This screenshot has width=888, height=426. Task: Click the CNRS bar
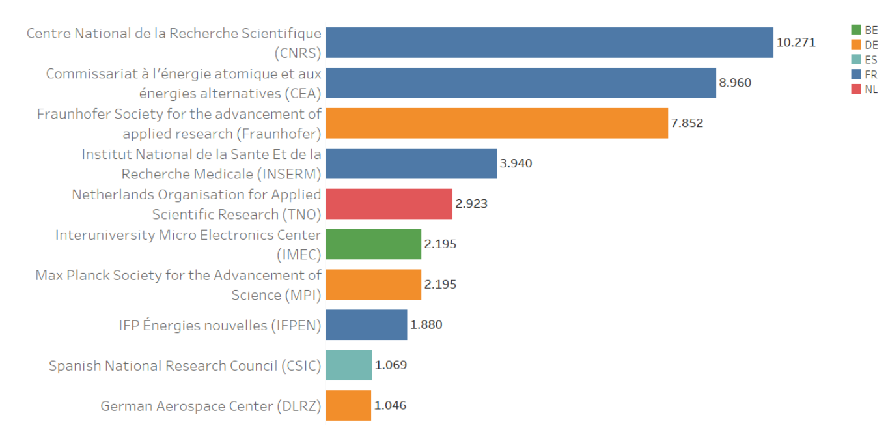(x=549, y=43)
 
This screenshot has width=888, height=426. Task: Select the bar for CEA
(x=520, y=83)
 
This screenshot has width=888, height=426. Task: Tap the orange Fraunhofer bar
(x=496, y=124)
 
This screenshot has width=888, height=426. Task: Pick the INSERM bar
(x=411, y=163)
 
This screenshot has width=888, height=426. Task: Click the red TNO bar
(x=389, y=204)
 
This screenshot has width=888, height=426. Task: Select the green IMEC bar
(x=373, y=244)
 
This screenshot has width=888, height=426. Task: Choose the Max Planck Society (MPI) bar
(x=373, y=285)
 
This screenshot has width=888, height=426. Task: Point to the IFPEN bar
(x=366, y=325)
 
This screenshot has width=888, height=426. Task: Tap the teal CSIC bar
(x=348, y=365)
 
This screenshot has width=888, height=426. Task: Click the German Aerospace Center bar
(x=348, y=406)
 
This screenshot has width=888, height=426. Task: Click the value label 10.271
(x=796, y=43)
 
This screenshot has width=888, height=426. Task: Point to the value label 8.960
(x=735, y=83)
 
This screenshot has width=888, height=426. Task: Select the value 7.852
(x=687, y=124)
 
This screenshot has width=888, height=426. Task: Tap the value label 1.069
(x=391, y=365)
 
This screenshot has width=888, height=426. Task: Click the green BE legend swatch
(x=856, y=30)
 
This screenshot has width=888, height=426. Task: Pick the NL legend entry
(x=864, y=90)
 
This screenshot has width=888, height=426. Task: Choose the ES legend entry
(x=864, y=60)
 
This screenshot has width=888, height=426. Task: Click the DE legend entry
(x=864, y=45)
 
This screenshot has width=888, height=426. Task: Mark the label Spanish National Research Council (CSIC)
(x=185, y=366)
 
